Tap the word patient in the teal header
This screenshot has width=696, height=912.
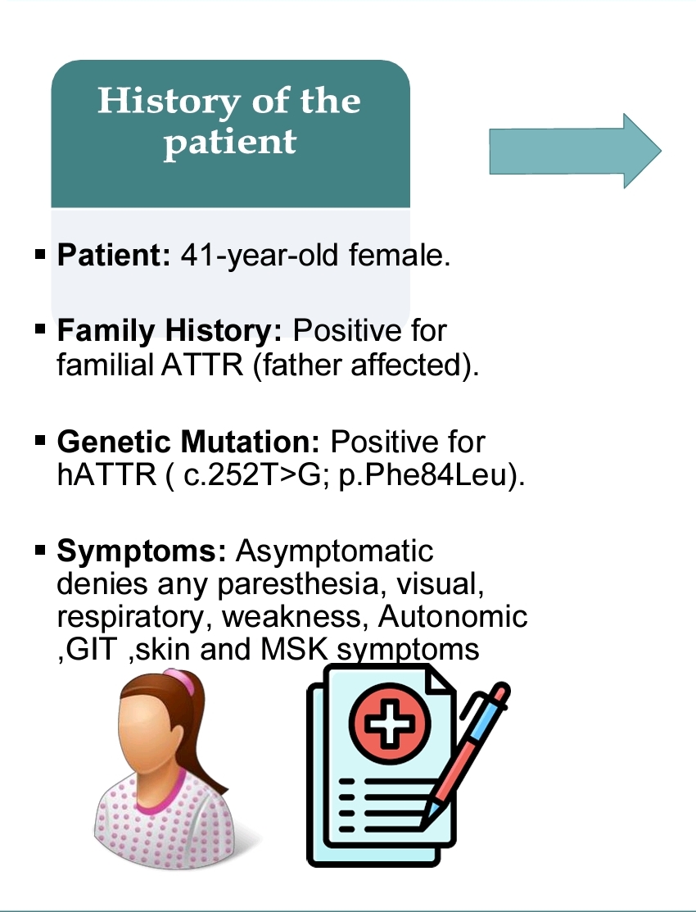point(230,142)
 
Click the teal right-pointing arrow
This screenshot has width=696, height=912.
point(575,152)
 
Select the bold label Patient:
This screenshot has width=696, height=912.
point(114,255)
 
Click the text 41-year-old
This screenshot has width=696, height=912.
point(260,256)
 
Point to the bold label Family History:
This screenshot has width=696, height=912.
point(169,330)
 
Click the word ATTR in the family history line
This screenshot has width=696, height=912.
point(201,365)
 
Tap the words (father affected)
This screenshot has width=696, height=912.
point(366,365)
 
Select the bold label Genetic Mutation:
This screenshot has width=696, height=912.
point(188,442)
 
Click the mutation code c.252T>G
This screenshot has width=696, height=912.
point(253,475)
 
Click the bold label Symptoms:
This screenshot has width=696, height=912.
point(142,551)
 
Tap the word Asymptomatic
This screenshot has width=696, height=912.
point(334,551)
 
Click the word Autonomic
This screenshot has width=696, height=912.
point(453,616)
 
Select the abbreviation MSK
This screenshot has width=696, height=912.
point(294,649)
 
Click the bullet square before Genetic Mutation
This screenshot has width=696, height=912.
point(40,440)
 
